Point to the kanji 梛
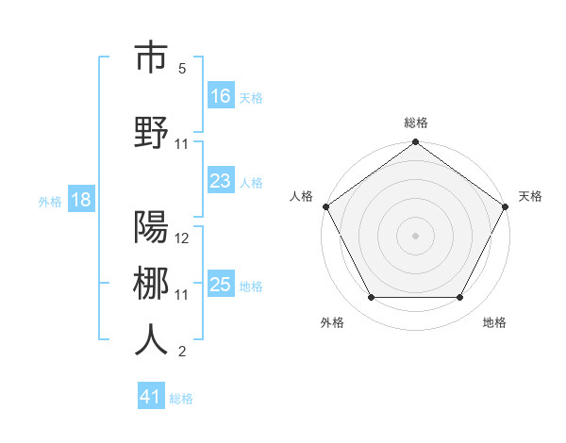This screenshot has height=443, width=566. click(x=151, y=284)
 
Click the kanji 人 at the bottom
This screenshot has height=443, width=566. click(x=151, y=339)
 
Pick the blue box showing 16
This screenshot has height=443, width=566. click(x=221, y=95)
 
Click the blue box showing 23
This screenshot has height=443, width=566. click(x=221, y=181)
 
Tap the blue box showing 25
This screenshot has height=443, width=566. click(x=221, y=285)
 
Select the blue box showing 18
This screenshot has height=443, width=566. click(x=80, y=200)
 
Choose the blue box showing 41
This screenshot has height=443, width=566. click(x=151, y=397)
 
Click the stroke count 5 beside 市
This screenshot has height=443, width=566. click(x=182, y=69)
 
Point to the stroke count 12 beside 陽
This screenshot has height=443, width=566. click(x=182, y=238)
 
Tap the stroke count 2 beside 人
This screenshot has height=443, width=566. click(x=182, y=352)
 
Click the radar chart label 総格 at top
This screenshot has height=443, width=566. click(x=415, y=123)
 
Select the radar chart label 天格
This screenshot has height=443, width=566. click(x=530, y=196)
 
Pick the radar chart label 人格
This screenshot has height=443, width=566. click(x=302, y=196)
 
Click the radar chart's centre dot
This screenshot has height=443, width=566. click(x=415, y=235)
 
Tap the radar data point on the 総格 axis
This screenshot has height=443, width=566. click(x=415, y=143)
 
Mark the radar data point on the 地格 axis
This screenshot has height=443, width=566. click(x=460, y=298)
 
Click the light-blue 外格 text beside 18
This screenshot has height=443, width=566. click(x=50, y=201)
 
